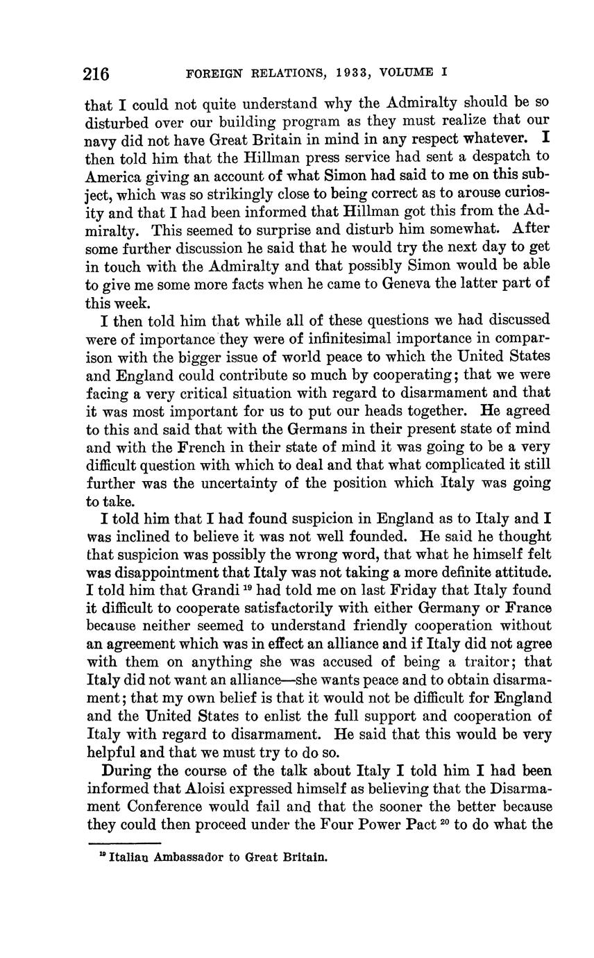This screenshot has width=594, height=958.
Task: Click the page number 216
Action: [x=96, y=74]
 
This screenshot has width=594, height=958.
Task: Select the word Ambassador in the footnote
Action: [x=187, y=857]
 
